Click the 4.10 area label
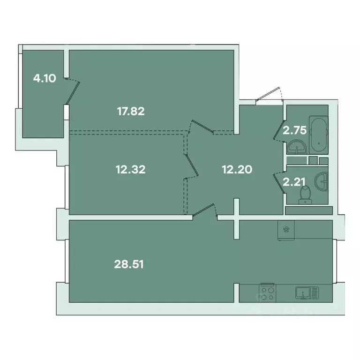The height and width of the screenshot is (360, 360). [x=45, y=79]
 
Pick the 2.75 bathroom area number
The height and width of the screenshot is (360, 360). [x=294, y=130]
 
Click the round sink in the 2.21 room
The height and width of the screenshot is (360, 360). [x=322, y=179]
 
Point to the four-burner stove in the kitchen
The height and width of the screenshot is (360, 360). [x=268, y=293]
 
